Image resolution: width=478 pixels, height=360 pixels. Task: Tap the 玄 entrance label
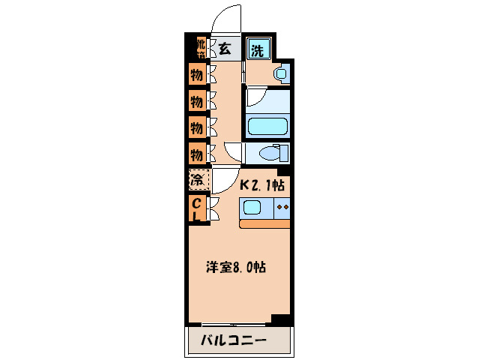225,49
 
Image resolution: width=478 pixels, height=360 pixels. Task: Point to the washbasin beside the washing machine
280,73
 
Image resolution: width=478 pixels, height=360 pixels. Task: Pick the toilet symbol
268,154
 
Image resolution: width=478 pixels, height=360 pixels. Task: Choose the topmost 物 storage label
196,75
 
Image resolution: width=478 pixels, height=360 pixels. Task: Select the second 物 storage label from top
196,100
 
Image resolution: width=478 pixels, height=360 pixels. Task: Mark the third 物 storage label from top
196,127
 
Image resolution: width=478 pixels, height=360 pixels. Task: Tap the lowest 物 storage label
196,154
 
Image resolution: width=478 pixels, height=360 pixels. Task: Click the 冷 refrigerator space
197,181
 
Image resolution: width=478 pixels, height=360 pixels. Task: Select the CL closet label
196,209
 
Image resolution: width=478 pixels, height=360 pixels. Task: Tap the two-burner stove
282,208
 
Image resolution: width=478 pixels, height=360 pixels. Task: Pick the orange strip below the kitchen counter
265,223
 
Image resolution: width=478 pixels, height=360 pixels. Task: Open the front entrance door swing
226,19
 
